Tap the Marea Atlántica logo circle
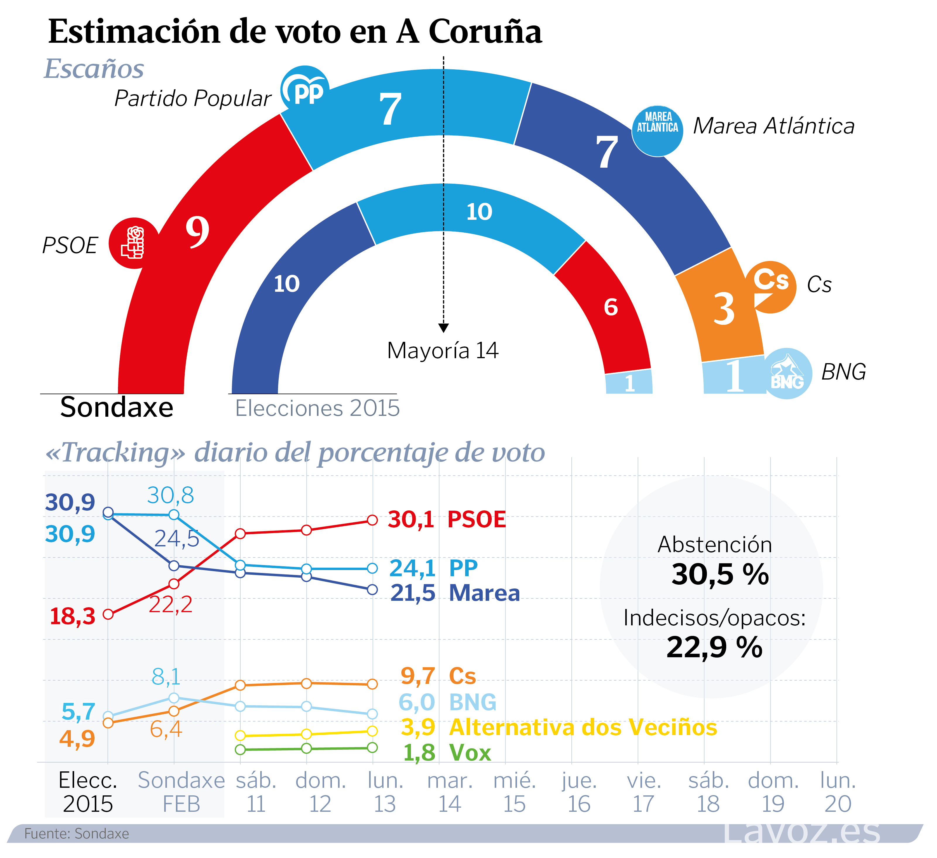click(657, 131)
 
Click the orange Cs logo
click(771, 286)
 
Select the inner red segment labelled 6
click(606, 307)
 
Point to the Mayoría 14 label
click(443, 350)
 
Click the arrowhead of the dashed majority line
click(443, 328)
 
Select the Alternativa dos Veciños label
click(583, 727)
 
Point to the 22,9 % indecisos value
click(714, 647)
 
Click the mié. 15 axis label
click(515, 793)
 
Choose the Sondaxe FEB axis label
click(181, 793)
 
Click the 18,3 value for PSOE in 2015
click(73, 617)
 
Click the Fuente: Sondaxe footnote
click(77, 834)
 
